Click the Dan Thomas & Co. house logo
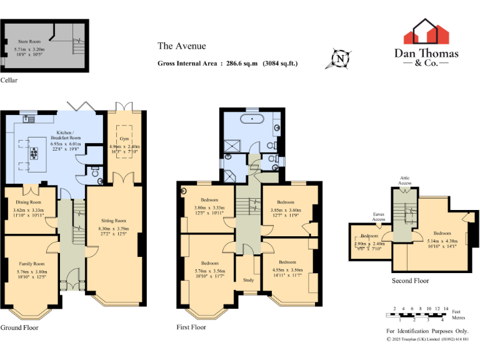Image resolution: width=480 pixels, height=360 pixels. pos(426,32)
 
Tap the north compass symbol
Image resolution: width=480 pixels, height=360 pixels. pos(340,59)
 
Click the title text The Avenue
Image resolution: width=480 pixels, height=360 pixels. pos(181,46)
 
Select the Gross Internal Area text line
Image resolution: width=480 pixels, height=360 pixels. pos(227,63)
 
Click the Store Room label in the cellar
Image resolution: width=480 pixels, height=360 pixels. pos(29,41)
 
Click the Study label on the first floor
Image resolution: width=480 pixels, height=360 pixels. pos(248,280)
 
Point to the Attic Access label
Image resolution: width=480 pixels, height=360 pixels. pos(405,181)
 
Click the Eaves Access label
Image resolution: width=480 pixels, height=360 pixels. pos(378,217)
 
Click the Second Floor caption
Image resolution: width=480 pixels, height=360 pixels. pos(410,281)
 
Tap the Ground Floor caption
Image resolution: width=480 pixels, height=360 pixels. pos(20,327)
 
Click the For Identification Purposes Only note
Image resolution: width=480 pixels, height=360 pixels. pos(427,331)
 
